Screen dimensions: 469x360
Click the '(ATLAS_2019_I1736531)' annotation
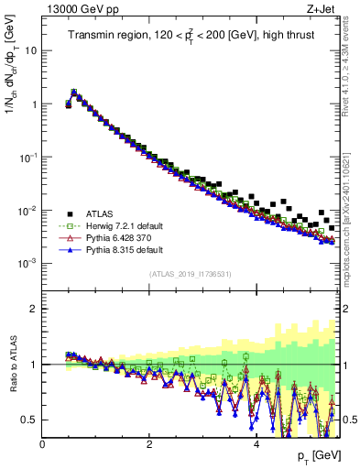[x=191, y=274]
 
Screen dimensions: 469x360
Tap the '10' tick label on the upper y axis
[x=31, y=50]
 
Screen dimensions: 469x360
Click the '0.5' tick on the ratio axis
[x=29, y=420]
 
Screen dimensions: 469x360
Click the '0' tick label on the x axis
[x=42, y=444]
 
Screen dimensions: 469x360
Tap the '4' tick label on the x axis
[x=256, y=444]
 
